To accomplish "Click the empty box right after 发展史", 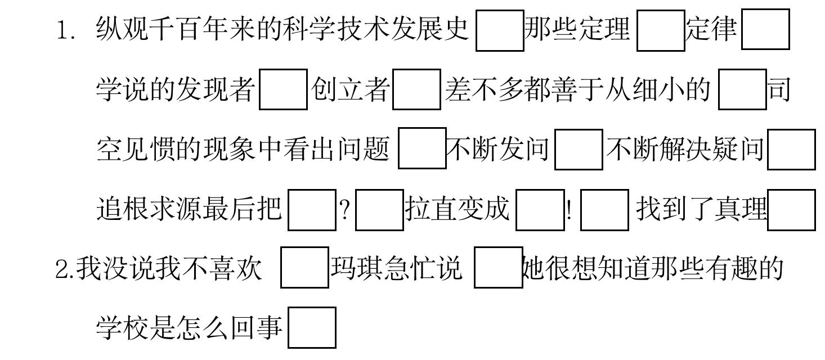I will (500, 30).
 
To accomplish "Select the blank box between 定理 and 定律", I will (661, 30).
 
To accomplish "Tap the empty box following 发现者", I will (283, 89).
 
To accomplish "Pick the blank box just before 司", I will (742, 89).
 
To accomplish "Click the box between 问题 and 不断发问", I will (422, 149).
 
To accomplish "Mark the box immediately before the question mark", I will (312, 210).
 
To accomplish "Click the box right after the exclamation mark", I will (604, 210).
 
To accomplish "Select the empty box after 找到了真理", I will (791, 210).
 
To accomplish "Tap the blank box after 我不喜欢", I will (304, 268).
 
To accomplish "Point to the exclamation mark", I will (570, 210).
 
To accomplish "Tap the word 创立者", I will (350, 89).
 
